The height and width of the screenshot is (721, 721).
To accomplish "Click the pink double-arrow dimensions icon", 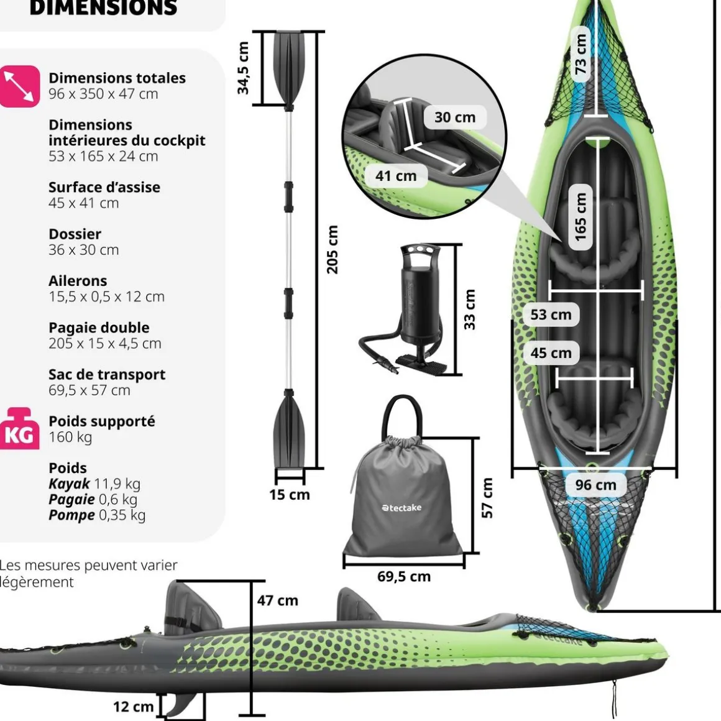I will tap(19, 86).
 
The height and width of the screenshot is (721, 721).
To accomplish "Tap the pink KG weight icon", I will tap(19, 429).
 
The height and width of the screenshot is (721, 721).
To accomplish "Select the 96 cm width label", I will tap(595, 485).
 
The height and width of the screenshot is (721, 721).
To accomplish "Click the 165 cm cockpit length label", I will tap(581, 216).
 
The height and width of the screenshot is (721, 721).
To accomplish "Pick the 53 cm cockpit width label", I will tap(551, 315).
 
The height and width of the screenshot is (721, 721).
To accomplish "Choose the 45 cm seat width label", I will tap(551, 353).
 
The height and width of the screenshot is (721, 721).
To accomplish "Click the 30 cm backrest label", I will tap(455, 117).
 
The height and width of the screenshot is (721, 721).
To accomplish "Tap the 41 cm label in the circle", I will tap(396, 176).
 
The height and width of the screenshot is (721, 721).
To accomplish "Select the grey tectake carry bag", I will tap(402, 497).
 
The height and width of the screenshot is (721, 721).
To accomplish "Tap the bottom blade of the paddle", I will tap(289, 432).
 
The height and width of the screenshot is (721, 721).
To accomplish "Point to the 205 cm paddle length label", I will tap(333, 249).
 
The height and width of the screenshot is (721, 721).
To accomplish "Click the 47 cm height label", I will tap(278, 600).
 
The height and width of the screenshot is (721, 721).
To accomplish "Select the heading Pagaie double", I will tap(99, 328).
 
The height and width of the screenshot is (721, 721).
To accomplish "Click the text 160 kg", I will tap(70, 437).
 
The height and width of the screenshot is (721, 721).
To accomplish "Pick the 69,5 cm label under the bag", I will tap(404, 576).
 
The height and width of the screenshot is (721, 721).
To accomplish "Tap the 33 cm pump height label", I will tap(470, 309).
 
